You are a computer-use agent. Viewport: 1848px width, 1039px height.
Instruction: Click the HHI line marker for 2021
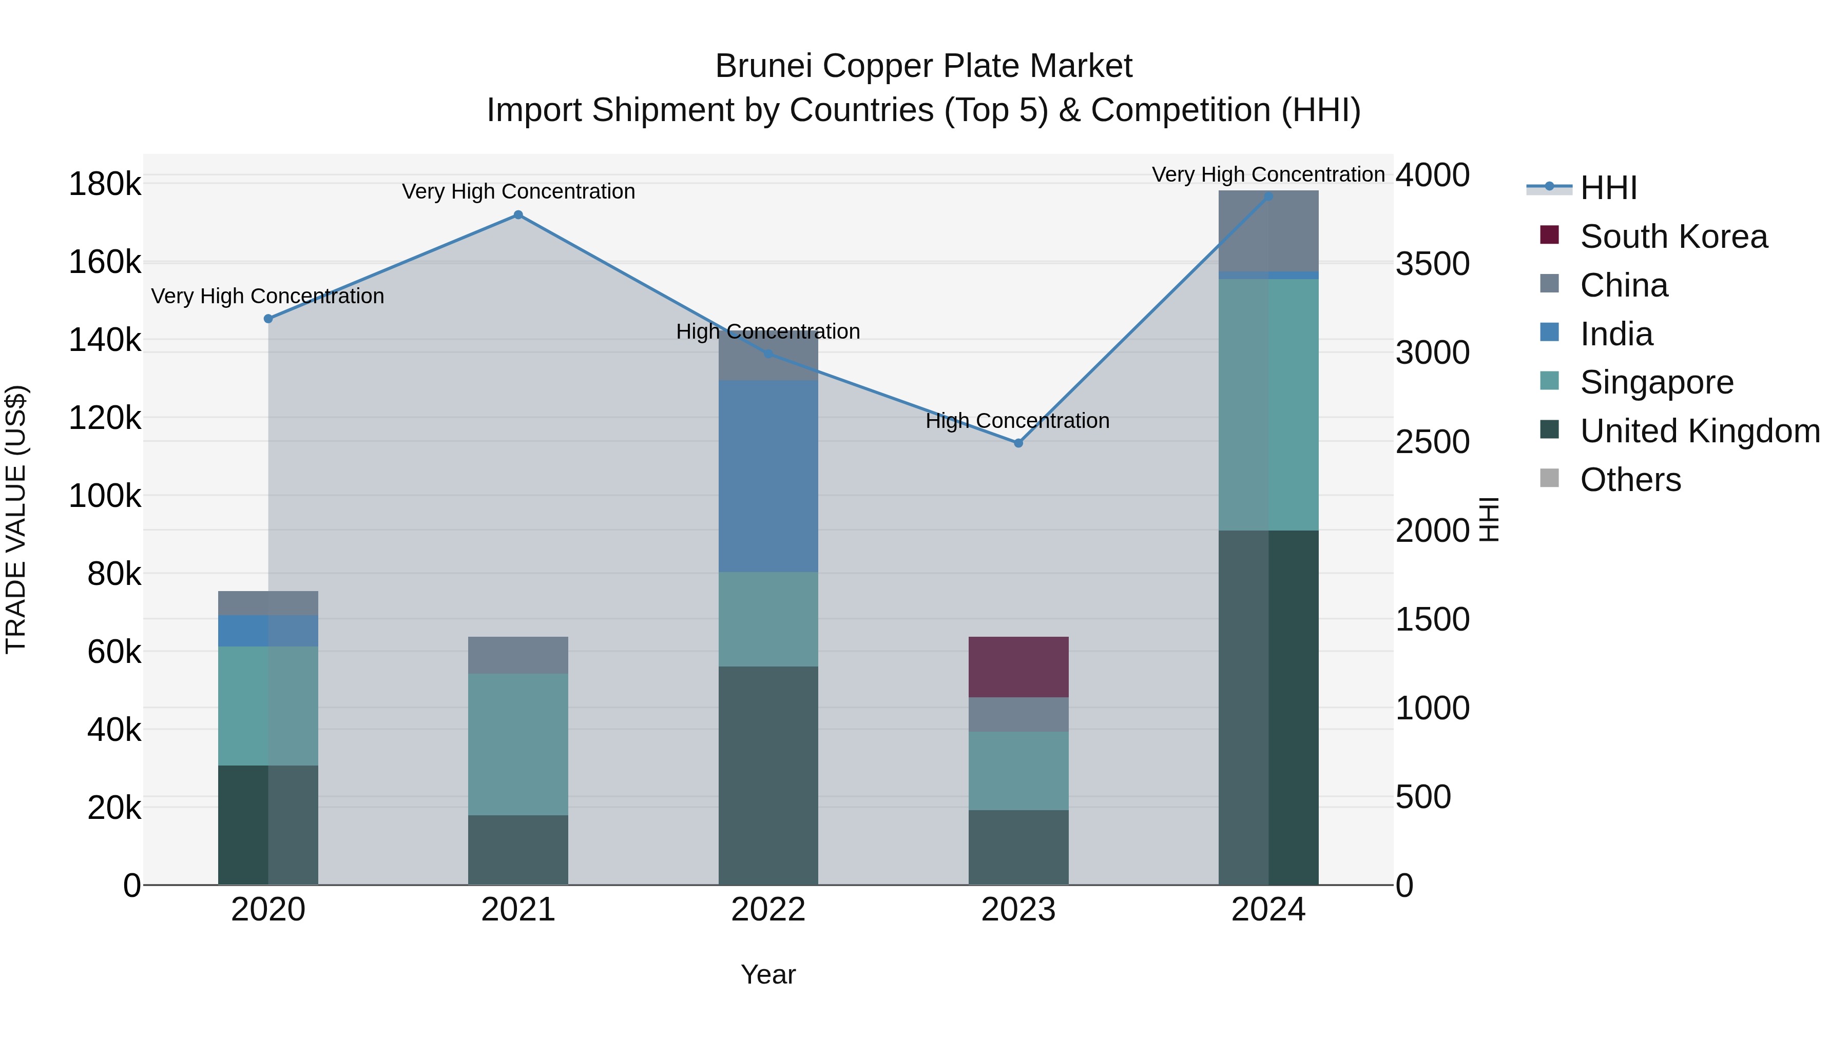518,215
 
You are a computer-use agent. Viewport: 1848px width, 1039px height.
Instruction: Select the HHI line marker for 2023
1018,443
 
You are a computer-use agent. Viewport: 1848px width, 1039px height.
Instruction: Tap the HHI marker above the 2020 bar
268,319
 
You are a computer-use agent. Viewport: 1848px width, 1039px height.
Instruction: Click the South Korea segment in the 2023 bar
1018,667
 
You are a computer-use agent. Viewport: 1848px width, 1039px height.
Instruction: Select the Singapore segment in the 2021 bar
518,744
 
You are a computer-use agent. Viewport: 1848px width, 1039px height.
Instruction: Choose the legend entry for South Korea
1673,237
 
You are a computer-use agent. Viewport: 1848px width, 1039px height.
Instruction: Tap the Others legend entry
1630,480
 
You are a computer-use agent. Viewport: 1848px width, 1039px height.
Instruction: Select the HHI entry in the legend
1608,188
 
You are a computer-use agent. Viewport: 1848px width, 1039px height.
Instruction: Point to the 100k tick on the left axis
105,496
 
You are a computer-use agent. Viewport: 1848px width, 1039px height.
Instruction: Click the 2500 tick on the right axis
1432,442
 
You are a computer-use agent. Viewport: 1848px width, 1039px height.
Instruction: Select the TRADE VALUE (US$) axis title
16,519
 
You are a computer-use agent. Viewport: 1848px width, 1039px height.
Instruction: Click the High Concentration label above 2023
1017,421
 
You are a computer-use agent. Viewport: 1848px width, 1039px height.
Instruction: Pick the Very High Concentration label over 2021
518,191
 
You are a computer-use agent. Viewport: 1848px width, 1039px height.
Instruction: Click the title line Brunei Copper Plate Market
923,66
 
